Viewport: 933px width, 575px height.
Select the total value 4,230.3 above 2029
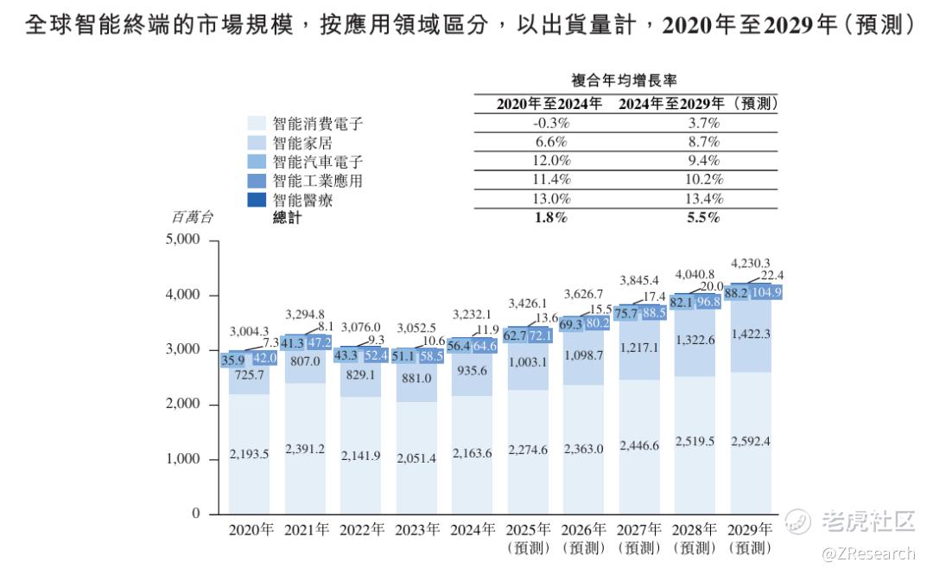coord(750,263)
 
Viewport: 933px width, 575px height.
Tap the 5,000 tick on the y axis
coord(182,240)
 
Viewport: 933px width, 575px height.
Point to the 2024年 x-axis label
coord(471,530)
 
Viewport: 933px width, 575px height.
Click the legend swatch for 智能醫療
coord(257,200)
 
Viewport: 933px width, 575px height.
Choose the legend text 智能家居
coord(301,143)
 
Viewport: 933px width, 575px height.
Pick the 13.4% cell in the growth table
coord(701,199)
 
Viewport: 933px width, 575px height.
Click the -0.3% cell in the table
coord(550,123)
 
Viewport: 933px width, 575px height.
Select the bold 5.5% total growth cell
coord(702,218)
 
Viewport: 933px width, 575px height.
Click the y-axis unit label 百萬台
coord(192,217)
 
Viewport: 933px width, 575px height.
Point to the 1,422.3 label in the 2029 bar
coord(750,334)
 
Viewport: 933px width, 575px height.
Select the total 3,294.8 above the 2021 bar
coord(305,314)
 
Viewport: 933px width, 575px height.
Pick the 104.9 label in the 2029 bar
coord(765,292)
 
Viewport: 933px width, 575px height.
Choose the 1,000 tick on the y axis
coord(182,459)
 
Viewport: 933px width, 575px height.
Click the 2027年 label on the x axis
coord(638,530)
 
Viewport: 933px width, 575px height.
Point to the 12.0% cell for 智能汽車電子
coord(550,161)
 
